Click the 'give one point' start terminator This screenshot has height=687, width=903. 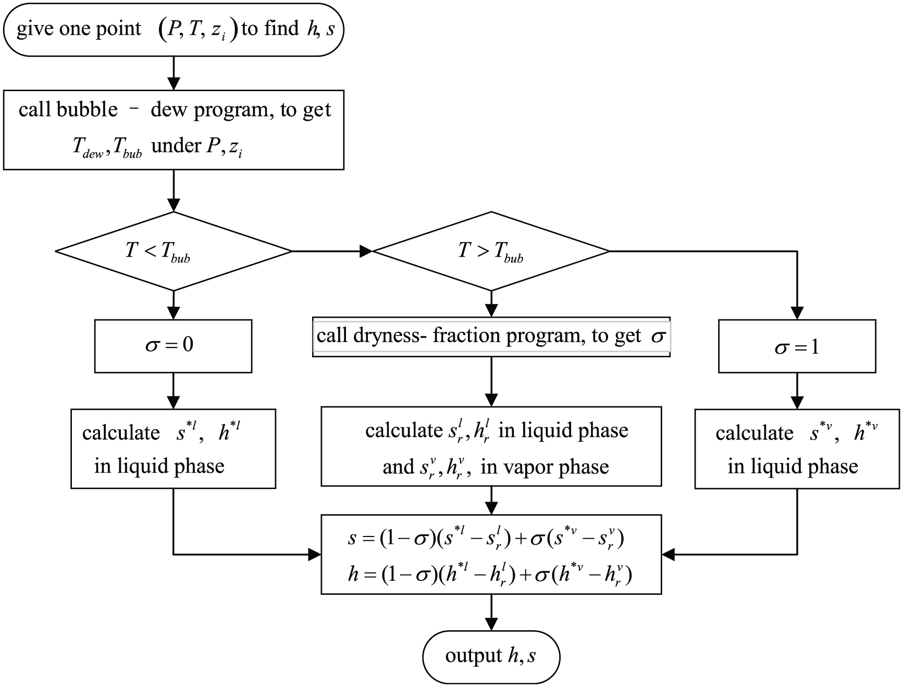tap(173, 29)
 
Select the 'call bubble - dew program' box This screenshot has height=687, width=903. tap(174, 130)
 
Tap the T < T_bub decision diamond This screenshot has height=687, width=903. tap(173, 251)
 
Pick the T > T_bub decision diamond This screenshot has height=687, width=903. tap(491, 251)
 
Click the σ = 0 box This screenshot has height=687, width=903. tap(173, 346)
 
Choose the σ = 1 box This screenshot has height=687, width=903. tap(797, 346)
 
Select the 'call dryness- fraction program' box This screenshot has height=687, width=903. tap(491, 336)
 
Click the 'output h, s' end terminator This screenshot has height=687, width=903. tap(491, 657)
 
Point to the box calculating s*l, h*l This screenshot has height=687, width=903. tap(173, 448)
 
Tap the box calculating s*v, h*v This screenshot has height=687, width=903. tap(797, 448)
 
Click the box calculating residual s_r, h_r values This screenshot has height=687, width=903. tap(491, 446)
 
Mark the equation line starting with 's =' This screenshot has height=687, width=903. tap(486, 538)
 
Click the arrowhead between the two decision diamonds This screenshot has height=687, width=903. tap(366, 251)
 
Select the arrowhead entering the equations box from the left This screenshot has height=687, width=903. tap(315, 554)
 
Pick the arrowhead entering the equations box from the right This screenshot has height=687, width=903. tap(668, 554)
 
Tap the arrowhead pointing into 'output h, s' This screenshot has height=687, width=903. tap(491, 624)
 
